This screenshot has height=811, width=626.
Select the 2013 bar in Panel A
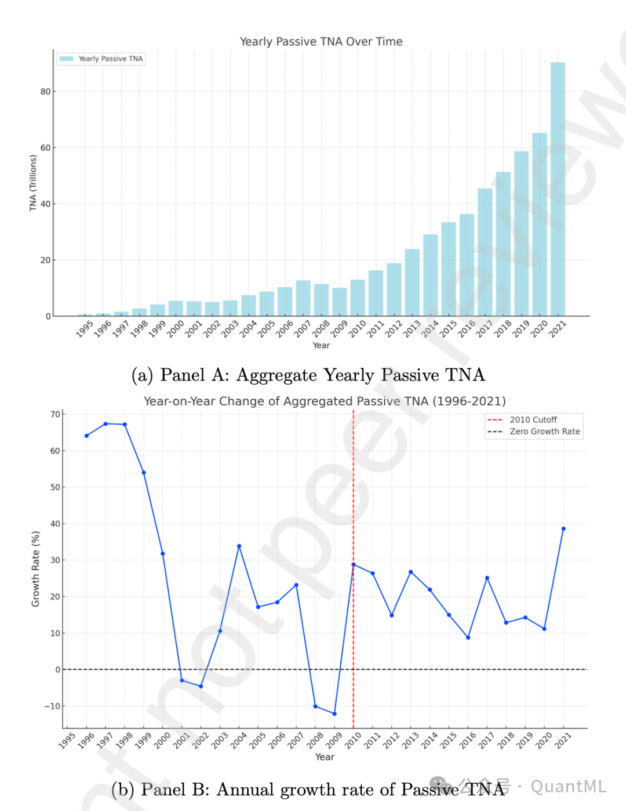click(412, 283)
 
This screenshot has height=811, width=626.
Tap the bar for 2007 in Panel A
click(303, 298)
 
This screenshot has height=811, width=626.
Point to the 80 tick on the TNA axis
click(45, 92)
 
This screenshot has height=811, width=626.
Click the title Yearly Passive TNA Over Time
click(321, 41)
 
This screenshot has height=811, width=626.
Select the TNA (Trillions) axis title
click(33, 183)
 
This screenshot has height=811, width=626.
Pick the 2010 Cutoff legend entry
click(533, 419)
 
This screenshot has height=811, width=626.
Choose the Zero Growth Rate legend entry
click(544, 432)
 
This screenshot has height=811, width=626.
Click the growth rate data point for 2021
click(563, 528)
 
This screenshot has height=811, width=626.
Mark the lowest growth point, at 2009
click(334, 714)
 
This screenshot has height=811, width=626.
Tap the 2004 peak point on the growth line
click(239, 546)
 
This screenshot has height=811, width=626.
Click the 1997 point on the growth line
click(105, 424)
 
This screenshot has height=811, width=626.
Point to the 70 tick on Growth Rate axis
click(55, 414)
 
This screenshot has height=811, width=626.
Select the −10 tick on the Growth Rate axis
click(52, 706)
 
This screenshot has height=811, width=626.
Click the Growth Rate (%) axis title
click(36, 569)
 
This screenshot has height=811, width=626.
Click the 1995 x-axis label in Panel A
click(85, 329)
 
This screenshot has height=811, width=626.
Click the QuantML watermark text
click(568, 787)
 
